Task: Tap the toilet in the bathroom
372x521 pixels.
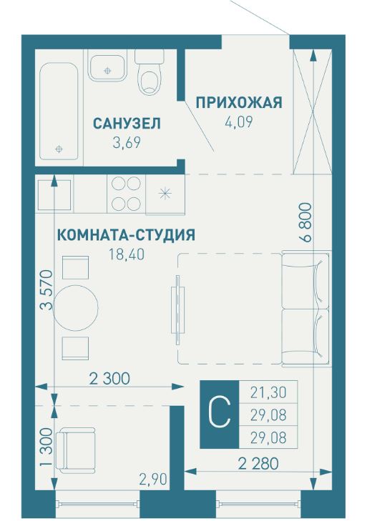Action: (150, 76)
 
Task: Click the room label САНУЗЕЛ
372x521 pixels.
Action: (127, 124)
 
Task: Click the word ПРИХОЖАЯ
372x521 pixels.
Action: (238, 103)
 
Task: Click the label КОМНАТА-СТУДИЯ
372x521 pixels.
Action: (126, 235)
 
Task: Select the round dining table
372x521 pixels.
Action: (76, 308)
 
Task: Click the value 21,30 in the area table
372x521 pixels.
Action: (268, 392)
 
